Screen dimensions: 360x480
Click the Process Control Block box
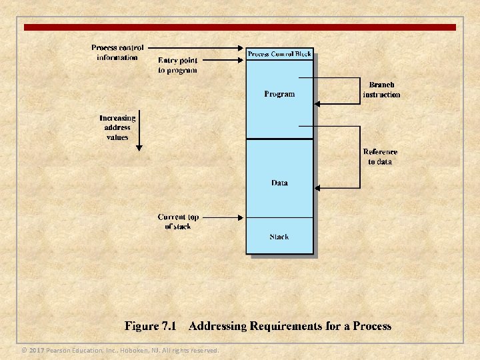click(280, 54)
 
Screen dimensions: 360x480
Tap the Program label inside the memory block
click(279, 94)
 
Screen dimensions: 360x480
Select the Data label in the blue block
click(280, 183)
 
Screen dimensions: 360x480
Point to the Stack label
click(279, 237)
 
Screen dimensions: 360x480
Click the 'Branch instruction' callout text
click(381, 90)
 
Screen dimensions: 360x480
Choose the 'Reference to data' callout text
click(380, 157)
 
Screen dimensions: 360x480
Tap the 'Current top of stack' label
click(178, 221)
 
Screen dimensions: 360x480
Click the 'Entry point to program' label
click(177, 65)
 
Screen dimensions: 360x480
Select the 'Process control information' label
click(117, 53)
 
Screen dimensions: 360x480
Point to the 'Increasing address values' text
click(117, 127)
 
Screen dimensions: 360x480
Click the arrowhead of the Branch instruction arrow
click(317, 103)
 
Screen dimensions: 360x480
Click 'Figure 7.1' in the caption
click(150, 327)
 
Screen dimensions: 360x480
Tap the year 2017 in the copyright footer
click(36, 350)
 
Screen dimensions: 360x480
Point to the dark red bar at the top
click(240, 27)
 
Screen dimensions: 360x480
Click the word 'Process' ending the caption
click(371, 327)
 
